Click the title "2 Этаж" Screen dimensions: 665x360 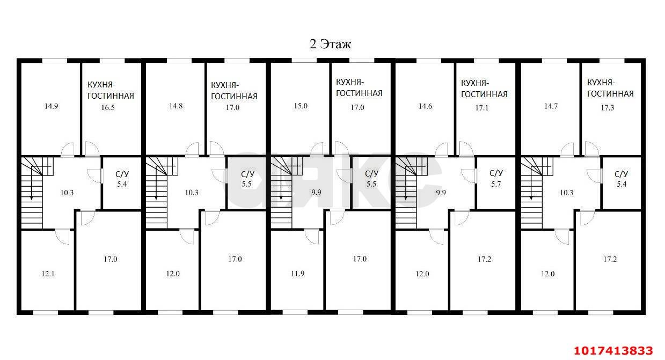tap(330, 44)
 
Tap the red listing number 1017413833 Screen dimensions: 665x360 tap(613, 350)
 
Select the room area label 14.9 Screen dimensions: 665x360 tap(51, 106)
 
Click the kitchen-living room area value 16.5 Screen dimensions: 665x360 tap(108, 107)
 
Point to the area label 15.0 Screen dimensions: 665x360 tap(301, 106)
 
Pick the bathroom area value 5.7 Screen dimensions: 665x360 tap(496, 184)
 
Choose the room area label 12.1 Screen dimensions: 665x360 tap(48, 274)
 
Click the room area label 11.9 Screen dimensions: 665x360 tap(297, 273)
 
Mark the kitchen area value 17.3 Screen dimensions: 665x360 tap(608, 108)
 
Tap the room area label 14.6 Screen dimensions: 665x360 tap(426, 106)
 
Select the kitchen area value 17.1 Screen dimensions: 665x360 tap(482, 108)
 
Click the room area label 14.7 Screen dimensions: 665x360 tap(551, 106)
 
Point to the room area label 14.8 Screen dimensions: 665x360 tap(176, 106)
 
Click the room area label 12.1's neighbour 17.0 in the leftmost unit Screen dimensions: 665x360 tap(111, 259)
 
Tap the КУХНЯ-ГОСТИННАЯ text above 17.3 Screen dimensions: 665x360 tap(610, 88)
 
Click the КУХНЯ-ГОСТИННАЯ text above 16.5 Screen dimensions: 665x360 tap(111, 90)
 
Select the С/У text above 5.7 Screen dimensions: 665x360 tap(496, 173)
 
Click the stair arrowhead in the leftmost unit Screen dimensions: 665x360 tap(31, 197)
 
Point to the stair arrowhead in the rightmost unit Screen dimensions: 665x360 tap(531, 197)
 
